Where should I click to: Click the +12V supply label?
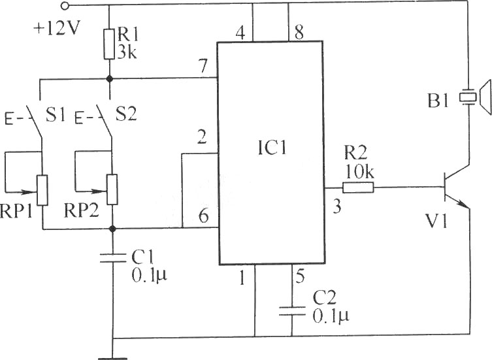click(57, 29)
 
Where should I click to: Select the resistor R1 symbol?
click(109, 44)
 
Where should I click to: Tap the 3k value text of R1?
click(127, 52)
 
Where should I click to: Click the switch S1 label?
click(56, 115)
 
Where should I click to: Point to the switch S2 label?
click(126, 115)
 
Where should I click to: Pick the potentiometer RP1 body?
click(42, 190)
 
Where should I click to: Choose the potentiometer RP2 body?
click(112, 189)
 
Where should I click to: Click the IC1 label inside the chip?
click(272, 148)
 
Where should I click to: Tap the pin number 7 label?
click(203, 66)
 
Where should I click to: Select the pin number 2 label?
click(202, 137)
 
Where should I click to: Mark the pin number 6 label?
click(204, 216)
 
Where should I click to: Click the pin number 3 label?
click(336, 207)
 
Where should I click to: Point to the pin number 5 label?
click(300, 276)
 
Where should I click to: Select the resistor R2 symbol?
click(358, 188)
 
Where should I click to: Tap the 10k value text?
click(359, 172)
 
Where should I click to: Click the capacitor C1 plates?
click(112, 258)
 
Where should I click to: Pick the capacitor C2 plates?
click(292, 311)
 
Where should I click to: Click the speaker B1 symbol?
click(475, 97)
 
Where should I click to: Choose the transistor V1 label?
click(436, 221)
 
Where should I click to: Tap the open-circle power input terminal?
click(65, 5)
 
